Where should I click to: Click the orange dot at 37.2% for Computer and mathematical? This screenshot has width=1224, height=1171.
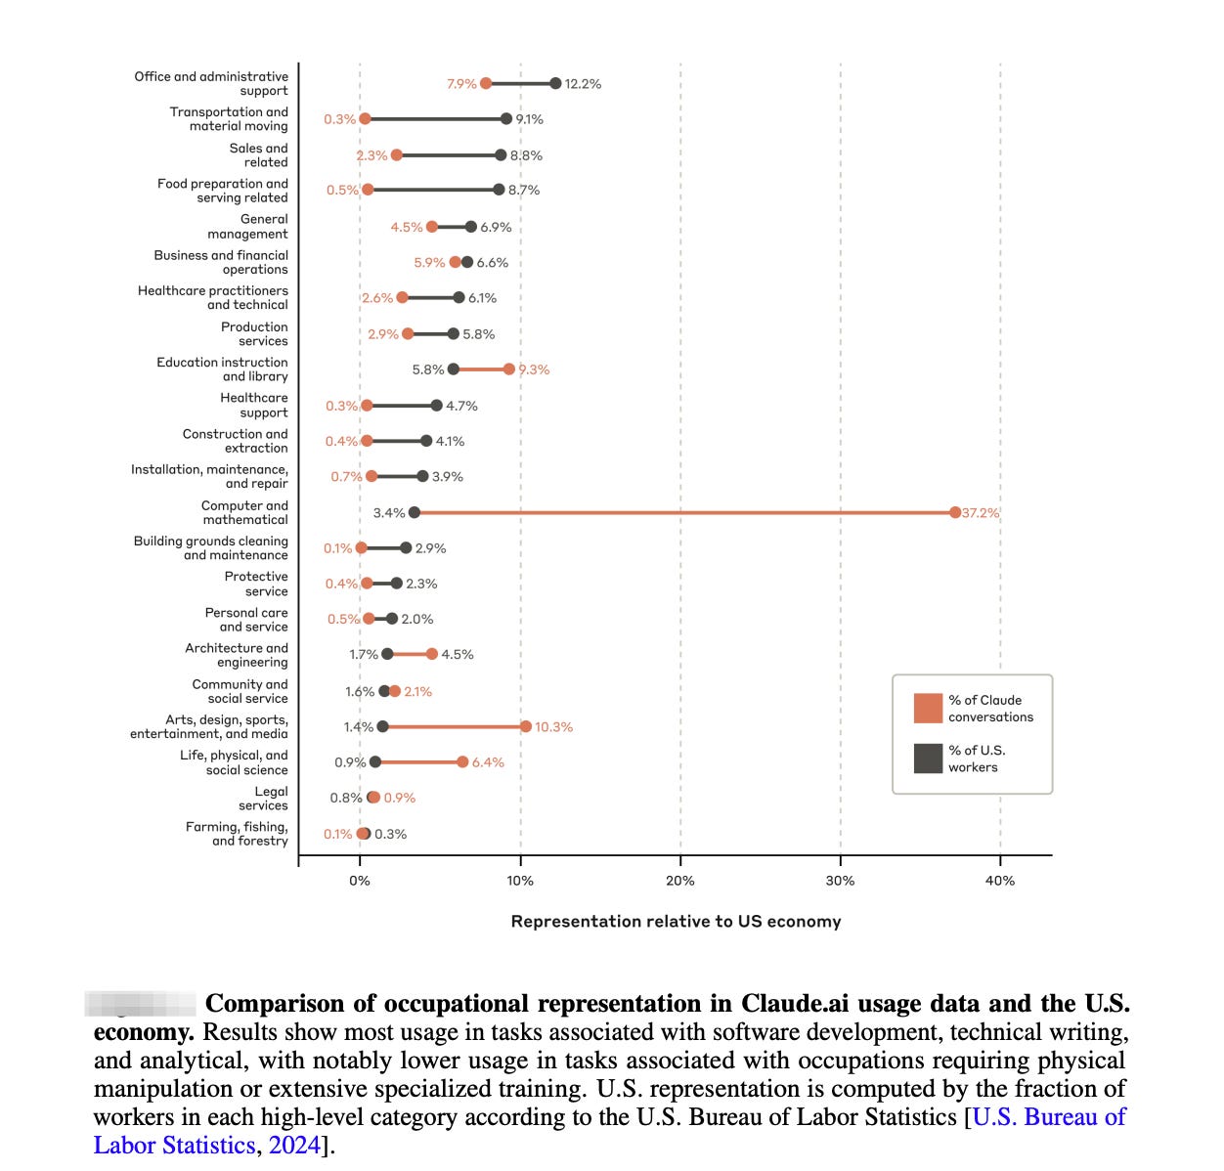[x=955, y=512]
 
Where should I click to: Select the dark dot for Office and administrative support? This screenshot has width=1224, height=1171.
[x=555, y=83]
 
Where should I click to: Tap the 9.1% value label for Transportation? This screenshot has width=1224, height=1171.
[x=530, y=119]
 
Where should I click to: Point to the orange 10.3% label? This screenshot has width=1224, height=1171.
[x=553, y=727]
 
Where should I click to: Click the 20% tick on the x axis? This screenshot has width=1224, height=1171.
[x=680, y=881]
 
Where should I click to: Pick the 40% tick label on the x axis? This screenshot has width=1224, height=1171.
[x=1000, y=881]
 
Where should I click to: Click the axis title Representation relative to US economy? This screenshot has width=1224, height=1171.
[x=676, y=922]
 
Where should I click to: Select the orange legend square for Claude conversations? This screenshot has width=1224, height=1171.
[x=928, y=708]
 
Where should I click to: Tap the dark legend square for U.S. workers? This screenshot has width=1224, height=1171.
[x=928, y=759]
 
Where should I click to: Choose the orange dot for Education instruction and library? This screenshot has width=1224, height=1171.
[x=509, y=369]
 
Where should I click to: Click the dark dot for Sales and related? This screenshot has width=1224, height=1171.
[x=501, y=154]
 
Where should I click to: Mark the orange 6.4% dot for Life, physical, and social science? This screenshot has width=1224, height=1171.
[x=462, y=761]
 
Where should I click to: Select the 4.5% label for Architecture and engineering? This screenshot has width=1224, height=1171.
[x=458, y=655]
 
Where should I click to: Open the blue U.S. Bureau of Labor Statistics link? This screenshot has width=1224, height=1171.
[x=1049, y=1116]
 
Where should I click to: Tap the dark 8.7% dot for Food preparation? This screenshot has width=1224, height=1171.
[x=499, y=190]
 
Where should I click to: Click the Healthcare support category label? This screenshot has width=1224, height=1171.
[x=254, y=406]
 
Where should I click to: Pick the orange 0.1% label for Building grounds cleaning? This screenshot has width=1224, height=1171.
[x=338, y=548]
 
